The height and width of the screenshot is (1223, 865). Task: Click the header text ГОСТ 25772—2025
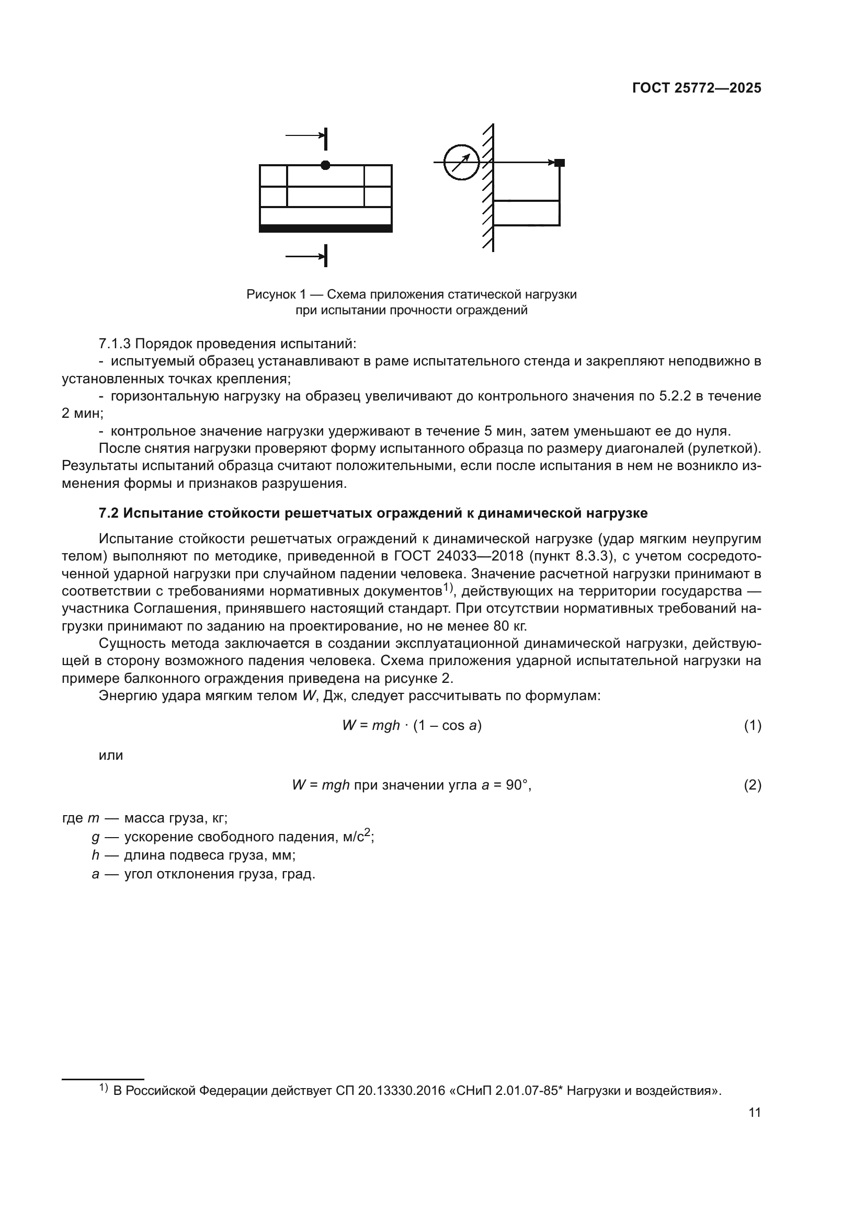[x=696, y=88]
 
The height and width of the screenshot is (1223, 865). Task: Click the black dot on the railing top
[x=325, y=165]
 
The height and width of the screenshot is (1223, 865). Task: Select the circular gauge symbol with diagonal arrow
[x=461, y=163]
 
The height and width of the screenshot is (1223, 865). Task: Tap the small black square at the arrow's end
[x=559, y=163]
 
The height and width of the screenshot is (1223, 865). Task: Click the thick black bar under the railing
[x=325, y=228]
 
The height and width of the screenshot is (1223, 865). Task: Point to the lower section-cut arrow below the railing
[x=306, y=257]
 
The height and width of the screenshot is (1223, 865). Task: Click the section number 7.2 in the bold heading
[x=110, y=513]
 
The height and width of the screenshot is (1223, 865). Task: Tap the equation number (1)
[x=752, y=726]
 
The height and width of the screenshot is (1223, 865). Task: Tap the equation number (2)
[x=752, y=785]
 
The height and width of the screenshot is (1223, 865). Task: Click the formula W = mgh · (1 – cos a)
[x=412, y=726]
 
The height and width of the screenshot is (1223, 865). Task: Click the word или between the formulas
[x=111, y=756]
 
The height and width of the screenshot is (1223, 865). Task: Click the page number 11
[x=754, y=1113]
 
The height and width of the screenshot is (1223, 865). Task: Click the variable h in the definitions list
[x=95, y=855]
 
